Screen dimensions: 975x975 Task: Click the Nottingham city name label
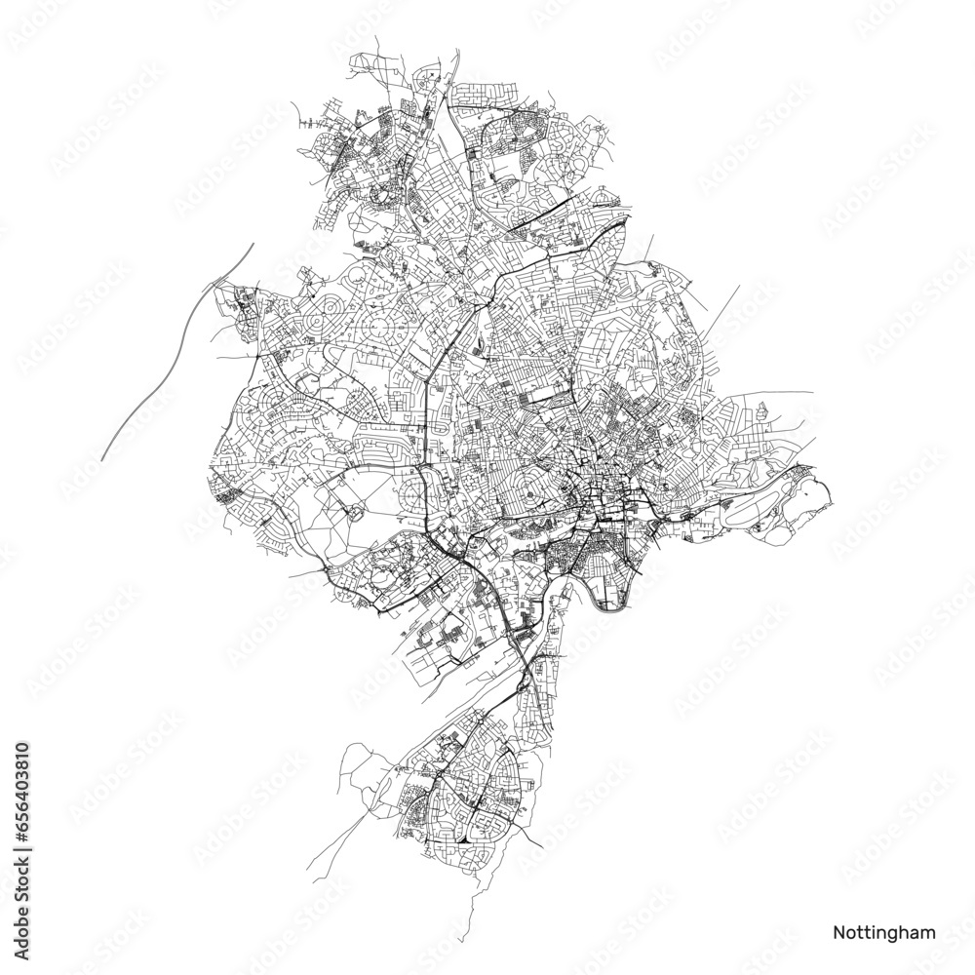pos(884,931)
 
